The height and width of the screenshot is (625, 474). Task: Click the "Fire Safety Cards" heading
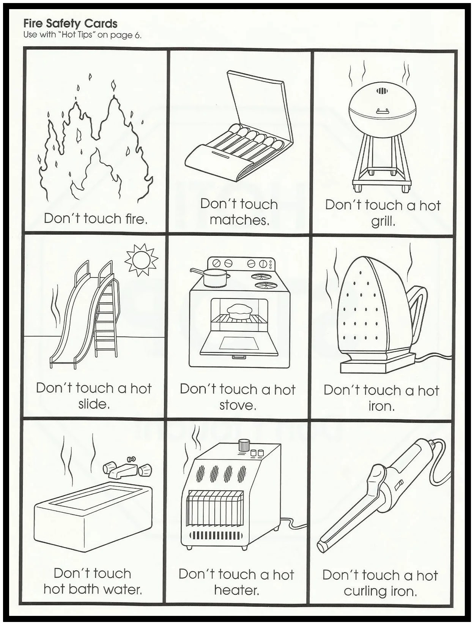coord(70,24)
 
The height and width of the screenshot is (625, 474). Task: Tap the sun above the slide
coord(141,260)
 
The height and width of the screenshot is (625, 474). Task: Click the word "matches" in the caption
coord(239,220)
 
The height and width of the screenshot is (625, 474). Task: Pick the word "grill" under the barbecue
coord(383,221)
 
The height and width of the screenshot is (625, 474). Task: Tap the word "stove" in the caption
coord(238,405)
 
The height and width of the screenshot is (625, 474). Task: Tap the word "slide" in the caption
coord(94,404)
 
